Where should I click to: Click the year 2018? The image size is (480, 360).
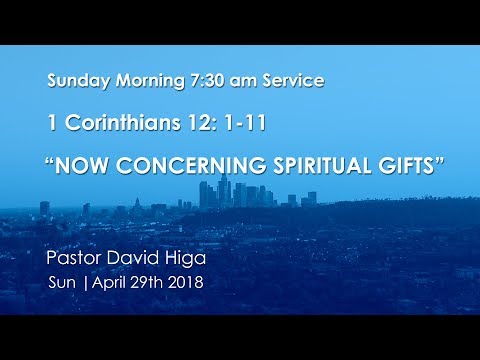[x=188, y=282]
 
